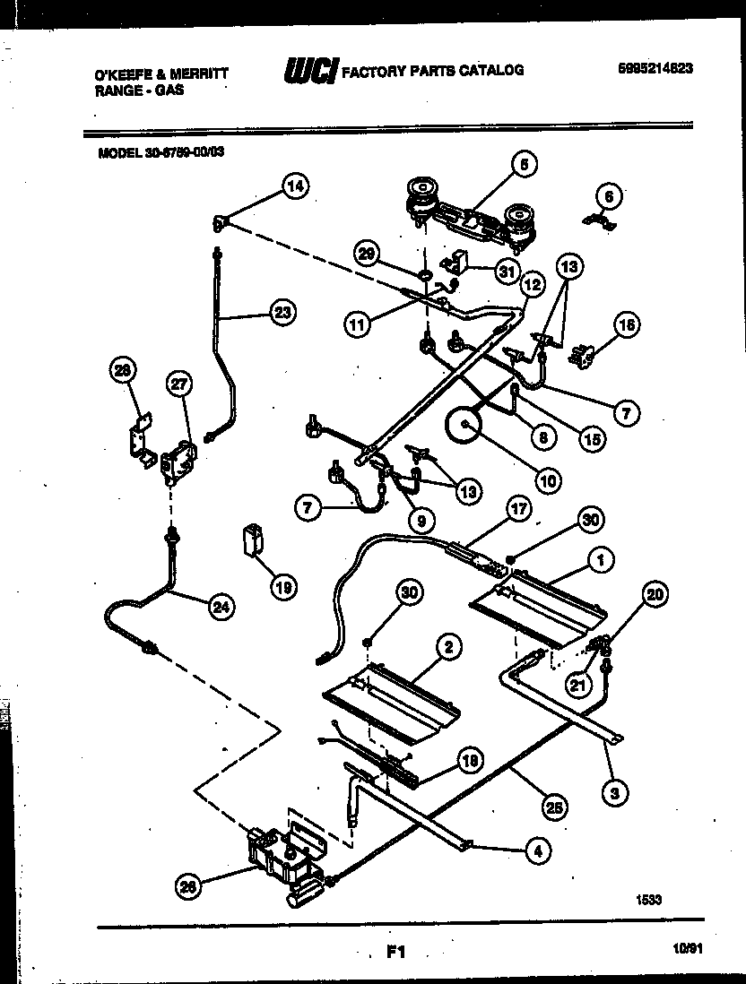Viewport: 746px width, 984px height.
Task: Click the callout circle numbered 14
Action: pos(295,186)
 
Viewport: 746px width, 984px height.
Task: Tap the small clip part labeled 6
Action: pos(595,222)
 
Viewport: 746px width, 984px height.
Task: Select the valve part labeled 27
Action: pos(178,458)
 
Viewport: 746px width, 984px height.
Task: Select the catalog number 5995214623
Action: pos(655,69)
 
